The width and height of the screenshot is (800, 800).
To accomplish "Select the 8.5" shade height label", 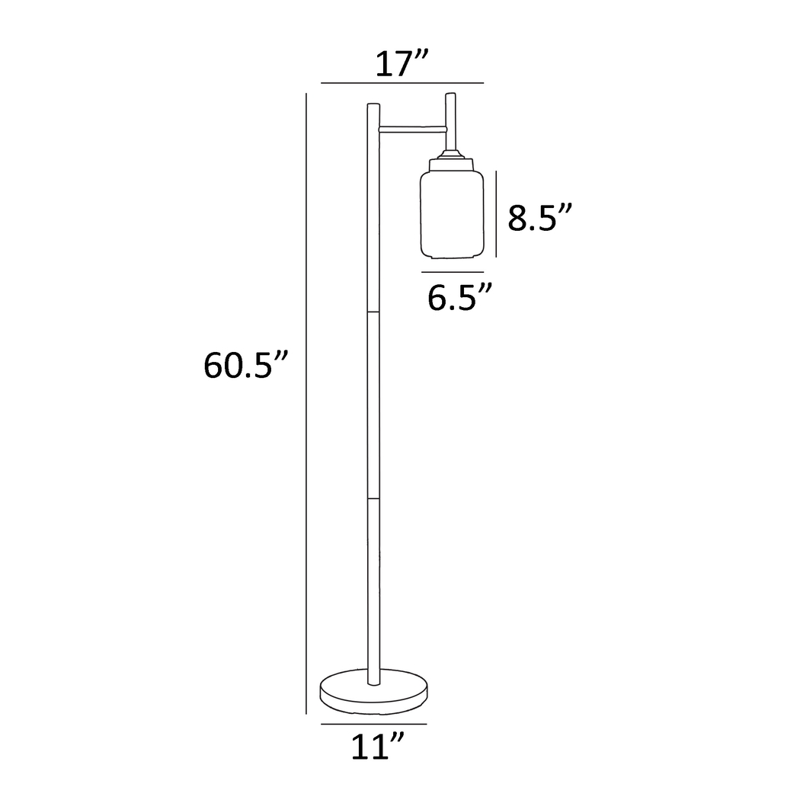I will coord(539,219).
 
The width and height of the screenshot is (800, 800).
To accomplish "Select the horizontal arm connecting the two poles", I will coord(411,127).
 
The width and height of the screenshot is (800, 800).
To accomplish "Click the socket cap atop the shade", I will coord(451,162).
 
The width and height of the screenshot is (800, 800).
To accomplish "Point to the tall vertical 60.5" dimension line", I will coord(306,404).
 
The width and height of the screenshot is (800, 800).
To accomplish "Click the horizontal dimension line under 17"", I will coord(402,82).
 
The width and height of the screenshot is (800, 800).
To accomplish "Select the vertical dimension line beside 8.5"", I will coord(497,215).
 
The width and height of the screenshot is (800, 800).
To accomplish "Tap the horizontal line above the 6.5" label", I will coord(452,272).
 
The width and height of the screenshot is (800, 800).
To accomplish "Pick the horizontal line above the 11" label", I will coord(373,723).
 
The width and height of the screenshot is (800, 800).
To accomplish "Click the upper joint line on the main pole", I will coord(373,312).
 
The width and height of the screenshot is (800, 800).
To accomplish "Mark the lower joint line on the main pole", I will coord(373,499).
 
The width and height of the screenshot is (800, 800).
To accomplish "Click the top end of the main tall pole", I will coord(373,105).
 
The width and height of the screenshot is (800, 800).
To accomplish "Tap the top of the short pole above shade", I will coord(450,95).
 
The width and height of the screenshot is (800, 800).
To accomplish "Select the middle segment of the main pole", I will coord(373,404).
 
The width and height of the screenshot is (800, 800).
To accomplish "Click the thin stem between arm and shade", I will coord(451,143).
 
